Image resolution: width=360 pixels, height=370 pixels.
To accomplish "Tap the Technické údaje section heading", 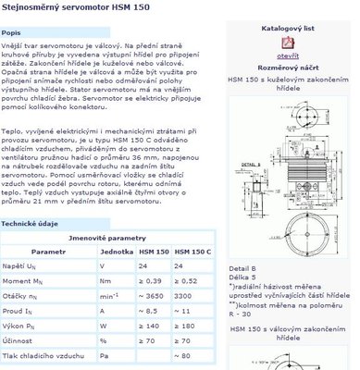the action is tap(34, 224).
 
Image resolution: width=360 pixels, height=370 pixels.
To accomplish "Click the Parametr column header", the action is tap(49, 251).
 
